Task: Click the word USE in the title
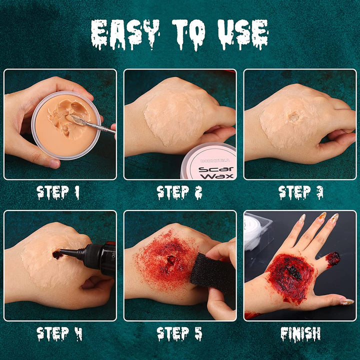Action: pos(243,35)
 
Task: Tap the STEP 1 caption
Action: pos(58,192)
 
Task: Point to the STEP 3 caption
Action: pos(300,192)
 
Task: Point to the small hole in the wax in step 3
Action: pos(294,117)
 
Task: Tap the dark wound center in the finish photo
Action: pos(292,272)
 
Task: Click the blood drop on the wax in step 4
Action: pos(57,254)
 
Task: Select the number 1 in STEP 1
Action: pos(76,192)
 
